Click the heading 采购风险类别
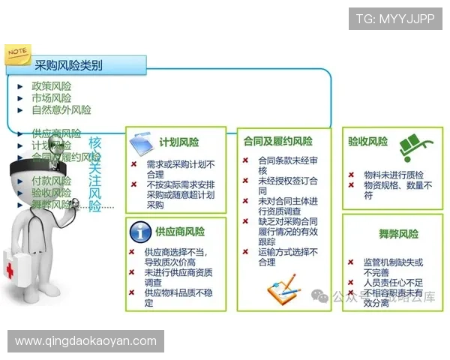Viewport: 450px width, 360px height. pos(68,66)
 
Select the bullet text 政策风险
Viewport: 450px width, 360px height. pos(51,86)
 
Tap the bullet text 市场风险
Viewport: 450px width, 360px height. pos(51,98)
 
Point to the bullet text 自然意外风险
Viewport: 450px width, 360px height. pos(61,110)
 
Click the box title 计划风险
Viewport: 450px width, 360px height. pos(179,142)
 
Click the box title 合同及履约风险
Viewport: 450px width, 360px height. pos(278,141)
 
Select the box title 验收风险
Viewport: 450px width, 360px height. pos(367,141)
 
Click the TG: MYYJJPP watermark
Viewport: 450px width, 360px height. pos(395,18)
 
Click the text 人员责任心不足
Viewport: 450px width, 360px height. pos(393,283)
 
